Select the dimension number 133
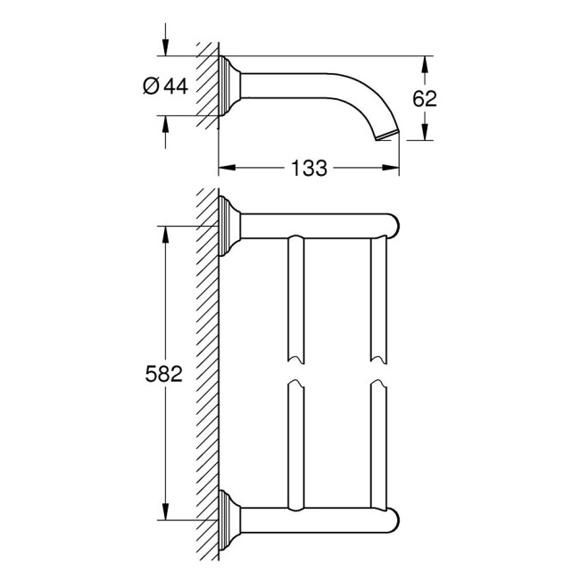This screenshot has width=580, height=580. (308, 167)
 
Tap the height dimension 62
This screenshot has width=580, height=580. (426, 98)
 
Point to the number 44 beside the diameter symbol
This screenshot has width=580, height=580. (176, 86)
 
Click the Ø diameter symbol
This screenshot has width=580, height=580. (151, 86)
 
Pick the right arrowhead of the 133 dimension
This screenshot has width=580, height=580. (392, 167)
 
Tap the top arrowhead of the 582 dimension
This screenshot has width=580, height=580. (163, 231)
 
